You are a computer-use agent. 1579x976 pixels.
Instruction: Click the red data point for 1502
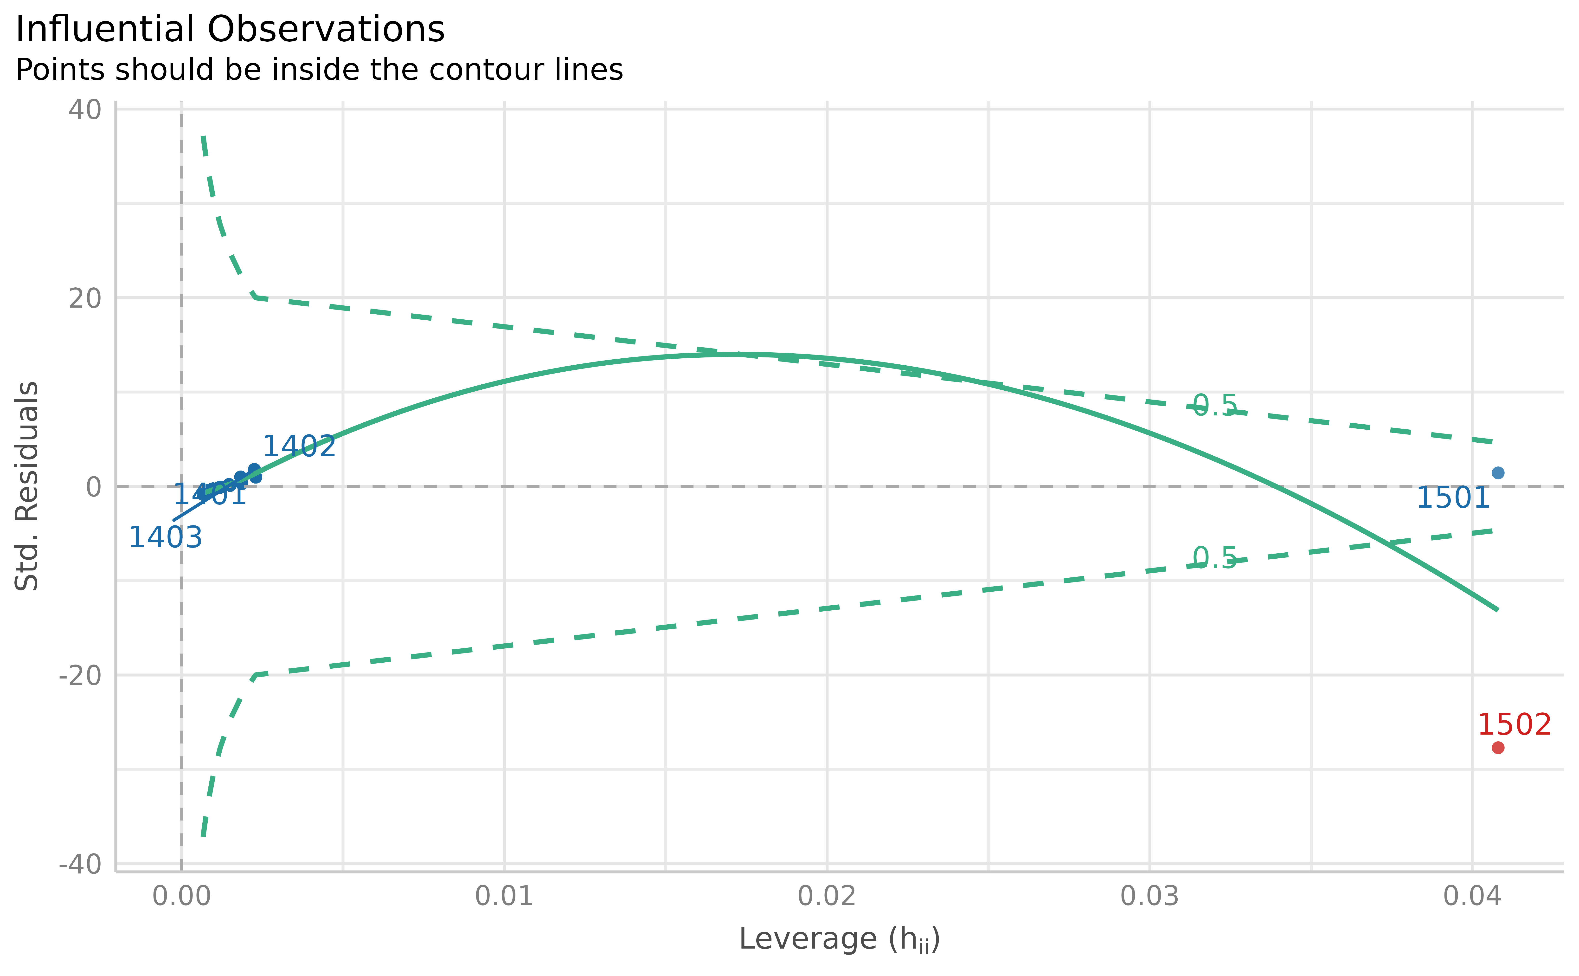coord(1498,748)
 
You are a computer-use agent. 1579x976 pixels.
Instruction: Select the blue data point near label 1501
coord(1498,472)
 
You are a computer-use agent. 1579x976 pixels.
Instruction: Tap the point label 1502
coord(1514,725)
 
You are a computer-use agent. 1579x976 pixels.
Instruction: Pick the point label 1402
coord(299,447)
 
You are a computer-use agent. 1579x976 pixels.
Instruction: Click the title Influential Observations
coord(230,30)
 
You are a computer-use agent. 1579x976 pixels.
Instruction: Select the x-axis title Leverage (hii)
coord(839,939)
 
